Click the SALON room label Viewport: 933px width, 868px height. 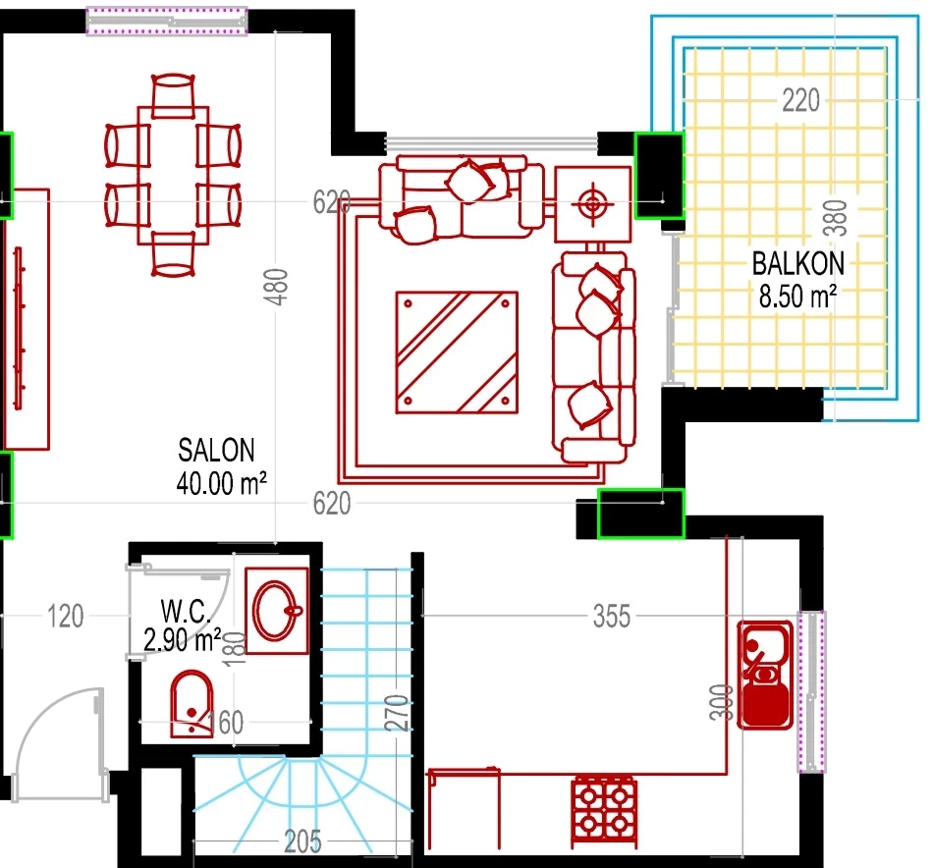tap(216, 451)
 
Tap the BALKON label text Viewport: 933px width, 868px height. tap(797, 263)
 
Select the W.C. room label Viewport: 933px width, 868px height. tap(186, 611)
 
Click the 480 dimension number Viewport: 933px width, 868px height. tap(276, 287)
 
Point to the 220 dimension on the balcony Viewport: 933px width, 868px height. tap(800, 100)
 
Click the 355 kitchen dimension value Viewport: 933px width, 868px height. tap(612, 617)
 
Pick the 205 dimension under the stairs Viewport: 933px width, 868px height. tap(302, 841)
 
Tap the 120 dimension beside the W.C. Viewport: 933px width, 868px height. tap(66, 617)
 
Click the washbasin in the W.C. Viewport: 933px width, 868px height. tap(277, 611)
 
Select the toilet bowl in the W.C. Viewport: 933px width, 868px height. tap(192, 704)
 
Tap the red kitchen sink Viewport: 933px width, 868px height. tap(765, 675)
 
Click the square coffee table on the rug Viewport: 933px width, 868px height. tap(457, 353)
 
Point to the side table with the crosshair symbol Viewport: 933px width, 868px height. tap(592, 204)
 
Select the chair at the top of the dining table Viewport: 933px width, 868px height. tap(173, 95)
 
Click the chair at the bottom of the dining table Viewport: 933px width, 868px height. tap(173, 254)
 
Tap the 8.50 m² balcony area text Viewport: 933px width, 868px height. tap(797, 296)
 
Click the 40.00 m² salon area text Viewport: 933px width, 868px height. tap(221, 483)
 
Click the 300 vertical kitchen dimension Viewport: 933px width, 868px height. tap(721, 703)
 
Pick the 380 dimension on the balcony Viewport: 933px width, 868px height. tap(835, 218)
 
